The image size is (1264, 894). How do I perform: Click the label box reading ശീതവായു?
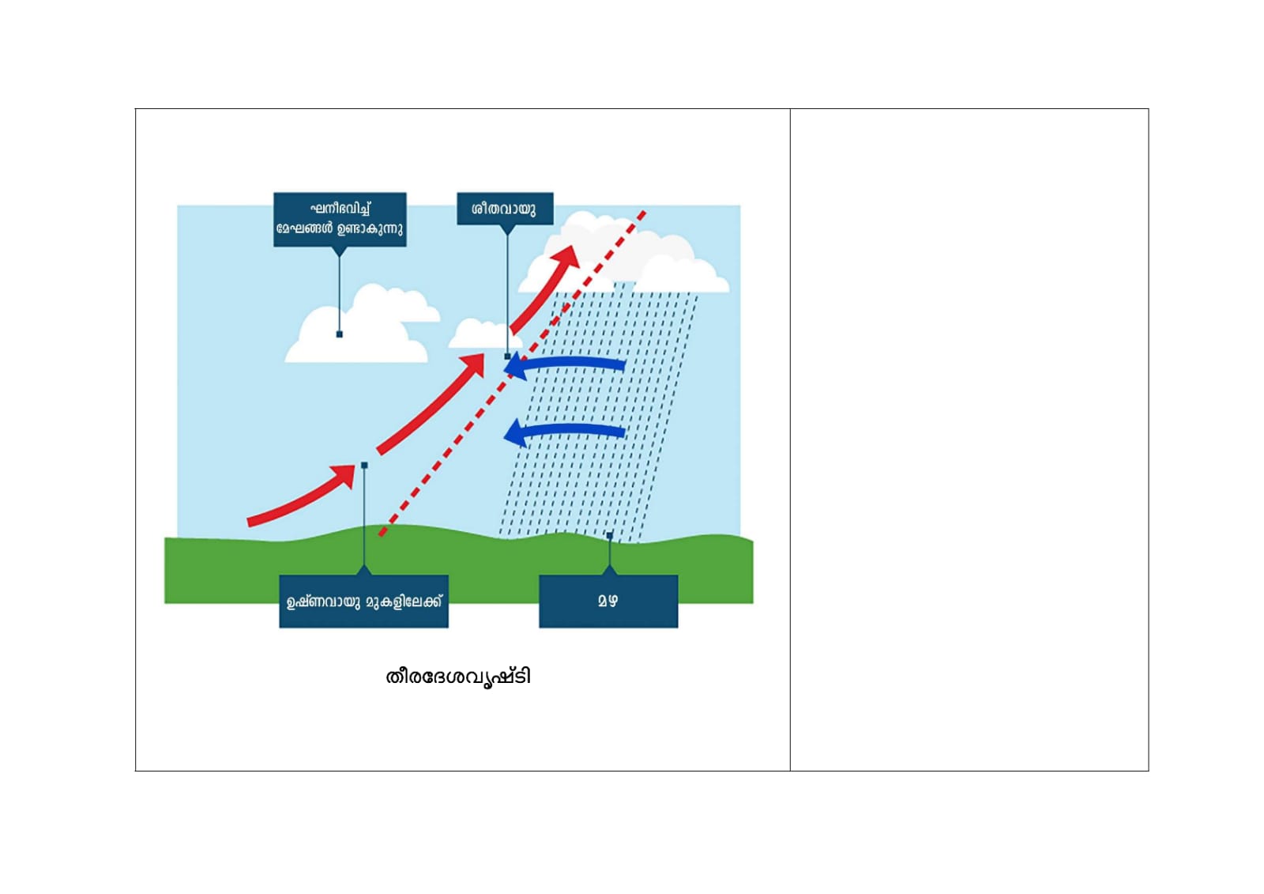pyautogui.click(x=504, y=209)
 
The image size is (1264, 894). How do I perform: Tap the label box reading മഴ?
pyautogui.click(x=608, y=601)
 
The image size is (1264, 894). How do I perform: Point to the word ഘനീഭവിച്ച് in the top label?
pyautogui.click(x=340, y=209)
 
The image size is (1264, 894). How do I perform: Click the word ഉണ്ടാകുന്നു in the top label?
pyautogui.click(x=370, y=229)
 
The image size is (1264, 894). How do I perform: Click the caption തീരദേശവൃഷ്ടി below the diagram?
pyautogui.click(x=457, y=677)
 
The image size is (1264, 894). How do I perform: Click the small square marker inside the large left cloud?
pyautogui.click(x=340, y=334)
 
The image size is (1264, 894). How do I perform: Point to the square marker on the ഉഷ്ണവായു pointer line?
pyautogui.click(x=364, y=466)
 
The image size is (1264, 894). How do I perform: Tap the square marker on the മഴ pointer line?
pyautogui.click(x=609, y=536)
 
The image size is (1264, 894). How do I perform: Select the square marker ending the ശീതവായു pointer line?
pyautogui.click(x=507, y=356)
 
